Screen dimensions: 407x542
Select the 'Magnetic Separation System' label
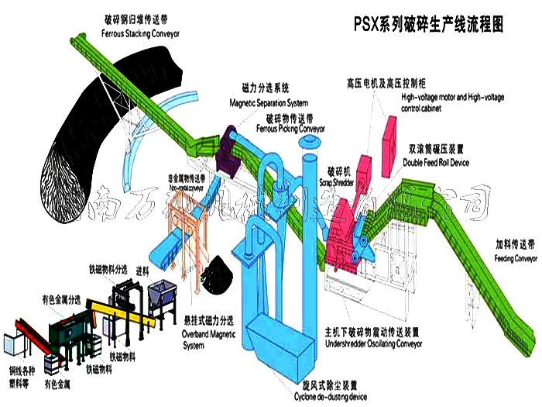269,102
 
